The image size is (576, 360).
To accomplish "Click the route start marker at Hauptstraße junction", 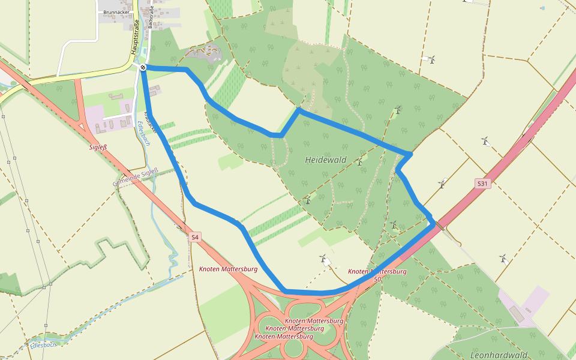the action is coord(143,67).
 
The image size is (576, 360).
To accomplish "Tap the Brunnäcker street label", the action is coord(116,12).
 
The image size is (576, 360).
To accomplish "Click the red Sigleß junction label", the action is coord(97,146).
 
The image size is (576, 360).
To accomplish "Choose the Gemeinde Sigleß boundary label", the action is coord(135,176).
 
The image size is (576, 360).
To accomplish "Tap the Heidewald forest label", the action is coord(326,160).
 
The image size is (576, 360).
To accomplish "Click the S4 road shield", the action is coord(194,238).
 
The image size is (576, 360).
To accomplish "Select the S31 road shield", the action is coord(482,184).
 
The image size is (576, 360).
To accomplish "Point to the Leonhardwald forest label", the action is coord(499,355).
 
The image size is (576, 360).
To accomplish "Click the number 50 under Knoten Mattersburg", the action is coord(377,279).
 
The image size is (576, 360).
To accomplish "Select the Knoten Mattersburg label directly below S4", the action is coord(228,269).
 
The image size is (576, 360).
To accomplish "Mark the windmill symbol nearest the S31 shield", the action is coord(442,184).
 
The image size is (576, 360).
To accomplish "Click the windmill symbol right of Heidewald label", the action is coord(359,161).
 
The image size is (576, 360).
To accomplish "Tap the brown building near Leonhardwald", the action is coord(517,314).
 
